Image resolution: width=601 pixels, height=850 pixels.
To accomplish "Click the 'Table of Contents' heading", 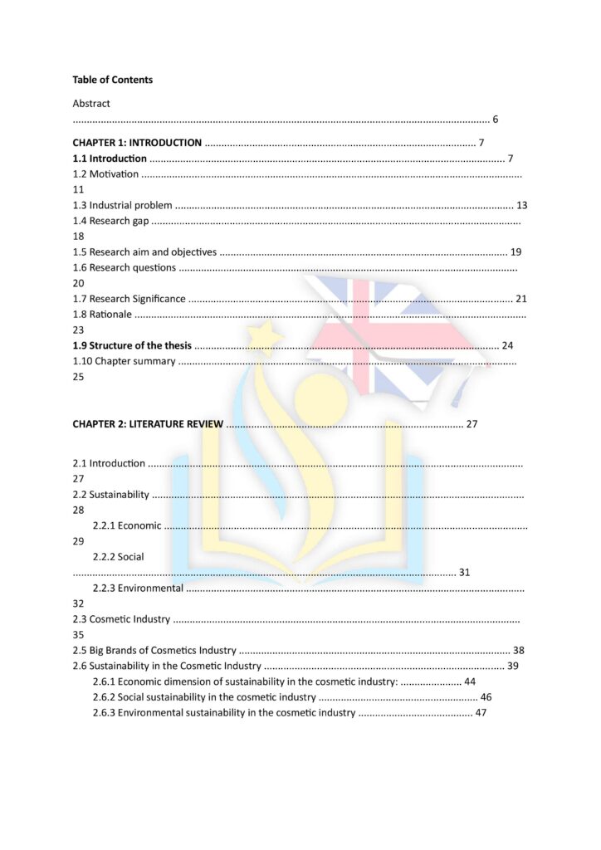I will pyautogui.click(x=112, y=80).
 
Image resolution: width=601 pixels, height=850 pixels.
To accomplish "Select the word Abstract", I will pyautogui.click(x=91, y=104).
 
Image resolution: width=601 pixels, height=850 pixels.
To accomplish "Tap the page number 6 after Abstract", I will pyautogui.click(x=496, y=120).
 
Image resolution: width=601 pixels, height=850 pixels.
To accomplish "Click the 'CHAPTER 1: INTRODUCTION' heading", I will pyautogui.click(x=137, y=143).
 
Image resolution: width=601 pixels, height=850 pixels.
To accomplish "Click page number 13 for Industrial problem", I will pyautogui.click(x=521, y=205).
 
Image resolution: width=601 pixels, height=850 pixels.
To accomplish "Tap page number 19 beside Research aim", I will pyautogui.click(x=515, y=252).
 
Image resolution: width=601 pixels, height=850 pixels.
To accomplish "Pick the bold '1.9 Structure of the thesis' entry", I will pyautogui.click(x=132, y=345).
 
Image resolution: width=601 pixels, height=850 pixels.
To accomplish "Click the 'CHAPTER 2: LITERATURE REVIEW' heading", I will pyautogui.click(x=148, y=424).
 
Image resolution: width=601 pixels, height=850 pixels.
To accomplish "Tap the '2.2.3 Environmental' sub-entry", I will pyautogui.click(x=138, y=589).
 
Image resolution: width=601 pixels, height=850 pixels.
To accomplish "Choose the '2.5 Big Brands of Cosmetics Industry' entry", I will pyautogui.click(x=154, y=651).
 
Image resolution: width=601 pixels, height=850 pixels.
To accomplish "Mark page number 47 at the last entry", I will pyautogui.click(x=481, y=713).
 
